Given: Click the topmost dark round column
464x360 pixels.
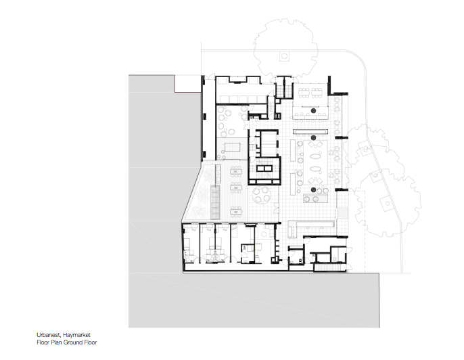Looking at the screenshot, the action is coord(313,111).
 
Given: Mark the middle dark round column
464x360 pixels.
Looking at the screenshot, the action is coord(313,137).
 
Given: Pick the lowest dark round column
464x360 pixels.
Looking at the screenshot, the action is coord(313,189).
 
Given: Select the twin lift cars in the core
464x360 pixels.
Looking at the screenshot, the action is coord(264,168).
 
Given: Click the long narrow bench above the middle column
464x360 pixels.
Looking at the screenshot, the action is coord(310,131).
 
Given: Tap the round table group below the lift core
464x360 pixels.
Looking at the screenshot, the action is coord(262,195).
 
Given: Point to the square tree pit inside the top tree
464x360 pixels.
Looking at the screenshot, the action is coord(284,56).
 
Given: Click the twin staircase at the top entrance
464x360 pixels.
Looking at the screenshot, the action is coord(284,87).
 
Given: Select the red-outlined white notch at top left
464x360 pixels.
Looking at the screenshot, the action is coord(188,84).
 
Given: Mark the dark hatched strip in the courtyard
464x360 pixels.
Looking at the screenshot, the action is coord(215,202).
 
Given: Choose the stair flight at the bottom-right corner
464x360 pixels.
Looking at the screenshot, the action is coord(329,267).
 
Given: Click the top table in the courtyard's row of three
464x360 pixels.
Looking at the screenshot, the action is coord(236,171).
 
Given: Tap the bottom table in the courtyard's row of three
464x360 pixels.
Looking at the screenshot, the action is coord(236,211).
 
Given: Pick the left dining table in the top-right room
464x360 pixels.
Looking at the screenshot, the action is coord(304,92).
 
